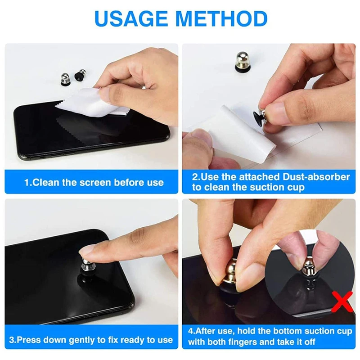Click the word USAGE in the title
tap(131, 18)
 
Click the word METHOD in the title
tap(221, 18)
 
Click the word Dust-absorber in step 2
tap(316, 177)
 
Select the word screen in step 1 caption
tap(95, 183)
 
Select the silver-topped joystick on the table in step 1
tap(65, 79)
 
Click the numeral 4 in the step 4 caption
tap(190, 332)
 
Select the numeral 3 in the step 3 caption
tap(12, 340)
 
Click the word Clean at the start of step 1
tap(46, 183)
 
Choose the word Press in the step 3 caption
tap(29, 340)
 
